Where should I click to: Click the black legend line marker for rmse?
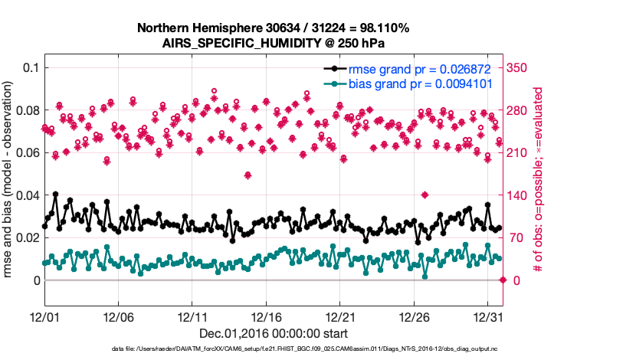click(335, 69)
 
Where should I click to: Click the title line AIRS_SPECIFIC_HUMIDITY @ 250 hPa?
click(273, 43)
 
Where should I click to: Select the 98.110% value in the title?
click(384, 28)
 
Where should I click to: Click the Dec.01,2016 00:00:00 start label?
click(273, 333)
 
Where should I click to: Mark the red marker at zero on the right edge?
click(503, 280)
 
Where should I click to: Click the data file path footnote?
click(273, 349)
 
